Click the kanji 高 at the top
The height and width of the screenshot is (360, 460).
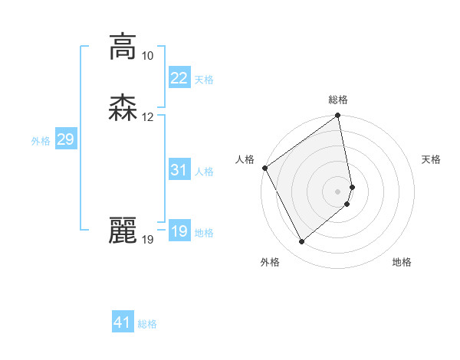(x=122, y=47)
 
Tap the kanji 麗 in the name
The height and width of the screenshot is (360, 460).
(x=122, y=231)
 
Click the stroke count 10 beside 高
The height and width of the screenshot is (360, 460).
(x=147, y=56)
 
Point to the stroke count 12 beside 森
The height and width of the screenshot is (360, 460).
(x=147, y=117)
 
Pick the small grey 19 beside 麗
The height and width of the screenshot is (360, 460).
(x=147, y=240)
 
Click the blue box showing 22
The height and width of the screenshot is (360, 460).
(x=179, y=78)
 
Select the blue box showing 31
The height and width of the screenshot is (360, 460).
(x=179, y=170)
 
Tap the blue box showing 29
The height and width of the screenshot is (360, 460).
(x=65, y=139)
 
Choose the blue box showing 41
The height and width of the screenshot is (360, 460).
(x=123, y=322)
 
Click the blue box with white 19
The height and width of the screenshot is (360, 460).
(x=179, y=231)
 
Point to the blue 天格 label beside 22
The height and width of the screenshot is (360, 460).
(x=204, y=80)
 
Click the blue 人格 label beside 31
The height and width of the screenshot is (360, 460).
(x=204, y=172)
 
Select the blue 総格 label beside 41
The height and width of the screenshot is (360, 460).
(x=147, y=324)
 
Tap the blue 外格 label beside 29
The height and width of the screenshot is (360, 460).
(x=41, y=141)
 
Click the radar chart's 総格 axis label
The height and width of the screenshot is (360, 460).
(x=338, y=100)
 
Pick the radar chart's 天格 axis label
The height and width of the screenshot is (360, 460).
(x=432, y=159)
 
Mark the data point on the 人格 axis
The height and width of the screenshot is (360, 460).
(x=264, y=168)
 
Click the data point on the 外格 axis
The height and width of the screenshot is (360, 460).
(x=301, y=242)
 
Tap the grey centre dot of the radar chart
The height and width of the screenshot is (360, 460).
(x=338, y=191)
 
